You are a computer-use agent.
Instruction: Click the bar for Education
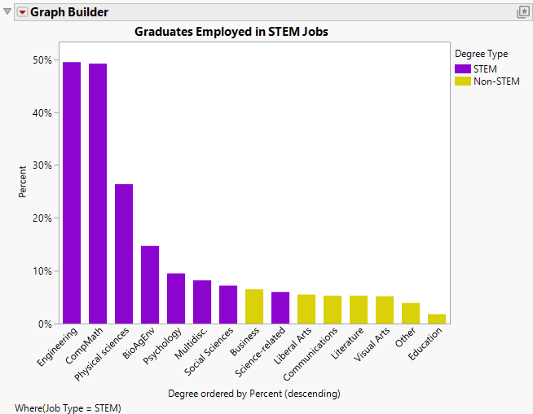(437, 319)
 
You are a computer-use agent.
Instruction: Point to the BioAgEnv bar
(150, 284)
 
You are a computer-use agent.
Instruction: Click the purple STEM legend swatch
(462, 69)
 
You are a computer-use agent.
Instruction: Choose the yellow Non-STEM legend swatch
(462, 81)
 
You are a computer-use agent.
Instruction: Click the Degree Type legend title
(481, 54)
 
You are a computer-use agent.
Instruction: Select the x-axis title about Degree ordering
(253, 394)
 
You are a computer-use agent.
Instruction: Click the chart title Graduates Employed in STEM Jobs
(236, 32)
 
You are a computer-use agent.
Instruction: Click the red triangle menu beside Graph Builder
(22, 12)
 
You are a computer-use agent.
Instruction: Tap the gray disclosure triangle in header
(8, 12)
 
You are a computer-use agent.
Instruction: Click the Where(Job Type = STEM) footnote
(68, 407)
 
